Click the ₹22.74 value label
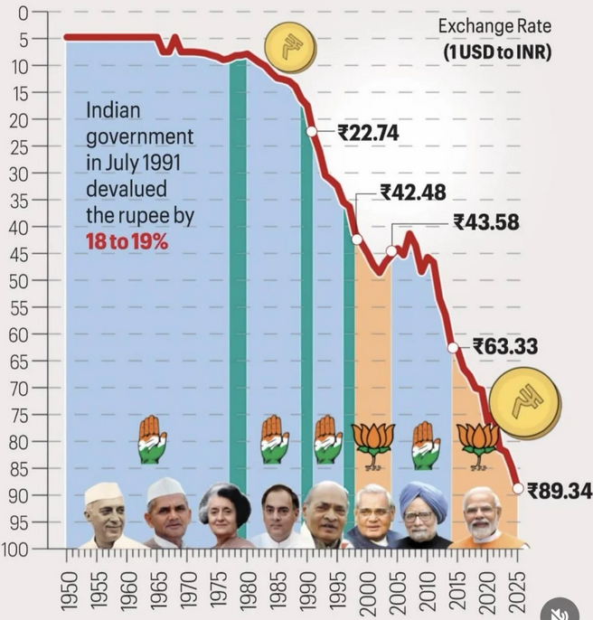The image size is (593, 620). [x=368, y=133]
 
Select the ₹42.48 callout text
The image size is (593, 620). [x=412, y=193]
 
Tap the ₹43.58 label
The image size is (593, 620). [x=486, y=222]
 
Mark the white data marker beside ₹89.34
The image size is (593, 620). [x=518, y=488]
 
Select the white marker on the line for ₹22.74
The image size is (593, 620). [x=312, y=131]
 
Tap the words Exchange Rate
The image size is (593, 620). [x=494, y=26]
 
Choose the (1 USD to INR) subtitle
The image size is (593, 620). [x=496, y=52]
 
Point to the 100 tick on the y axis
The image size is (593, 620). [x=17, y=549]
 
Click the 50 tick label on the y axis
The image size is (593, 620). [x=22, y=280]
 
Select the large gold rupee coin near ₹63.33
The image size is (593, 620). [x=524, y=407]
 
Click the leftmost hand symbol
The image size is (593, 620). [x=152, y=440]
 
